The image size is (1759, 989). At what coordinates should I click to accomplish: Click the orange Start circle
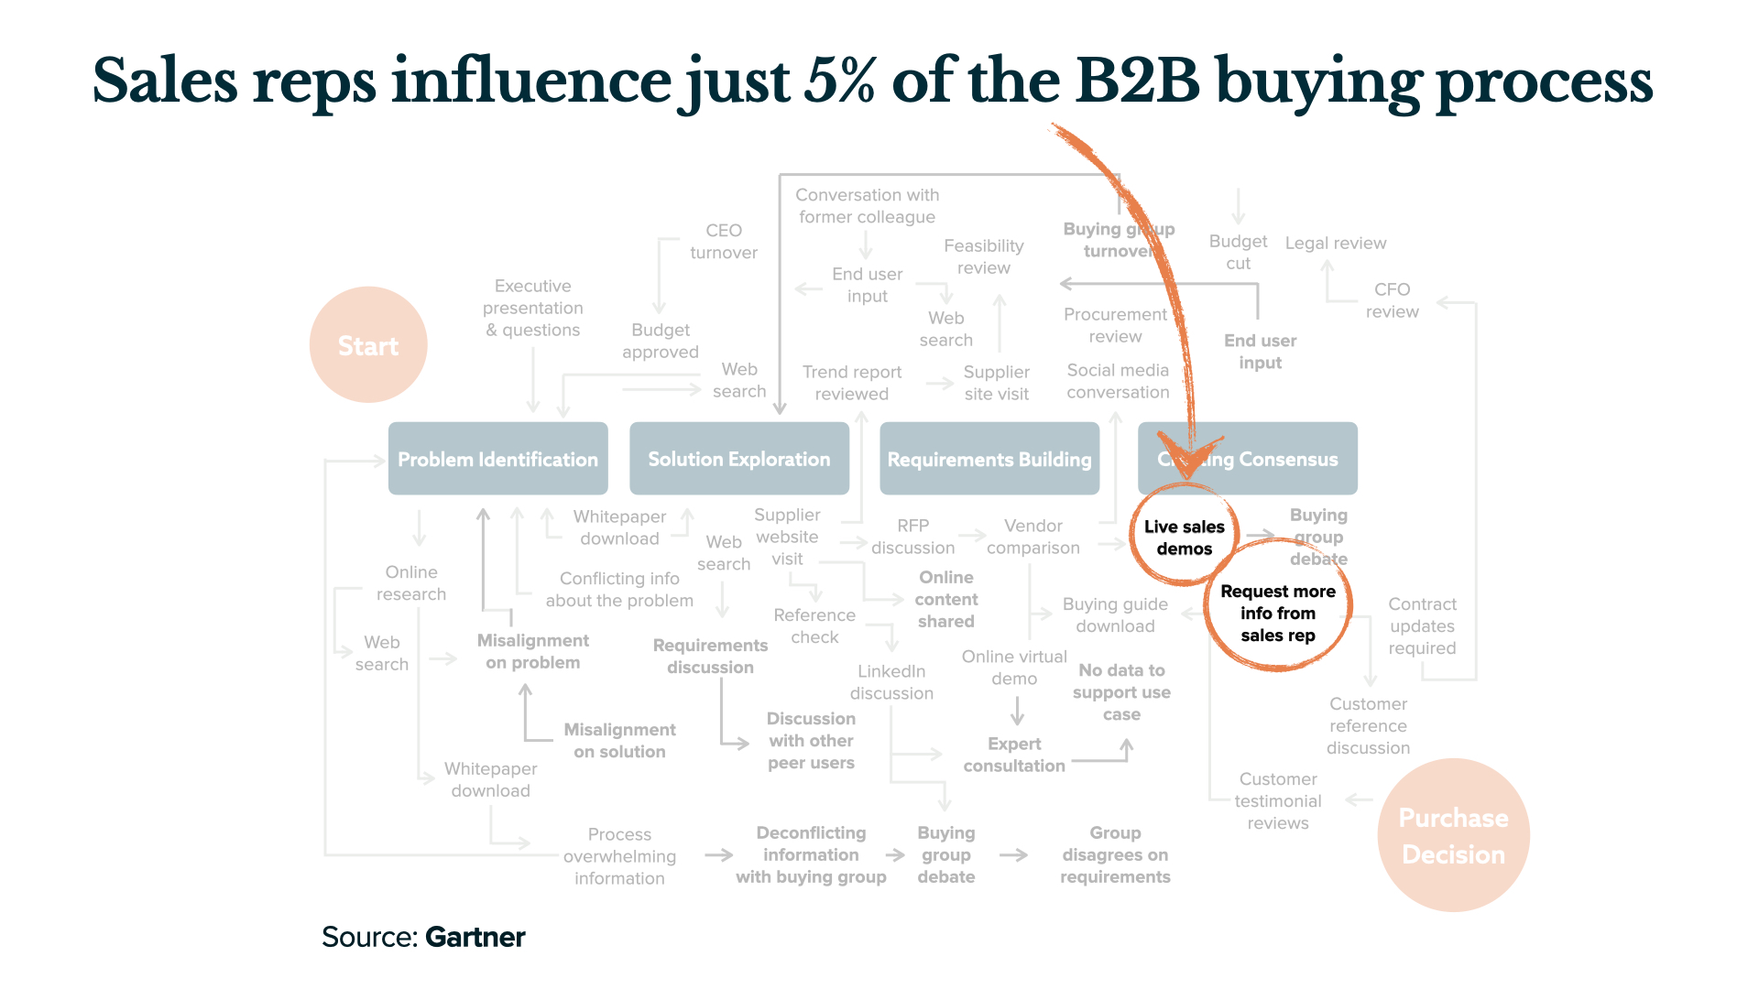368,345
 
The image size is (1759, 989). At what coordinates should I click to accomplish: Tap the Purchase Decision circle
1453,835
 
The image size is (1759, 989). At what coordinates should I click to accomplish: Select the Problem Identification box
497,459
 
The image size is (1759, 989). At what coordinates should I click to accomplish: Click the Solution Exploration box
738,459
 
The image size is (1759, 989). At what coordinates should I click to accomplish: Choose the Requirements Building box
989,459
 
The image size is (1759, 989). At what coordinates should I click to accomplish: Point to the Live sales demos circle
1184,538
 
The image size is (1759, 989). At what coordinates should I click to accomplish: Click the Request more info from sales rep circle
1278,613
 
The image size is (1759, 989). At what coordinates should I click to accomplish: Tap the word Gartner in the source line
475,937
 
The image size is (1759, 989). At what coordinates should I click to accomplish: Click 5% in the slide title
839,81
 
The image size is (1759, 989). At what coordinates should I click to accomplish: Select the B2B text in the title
1137,81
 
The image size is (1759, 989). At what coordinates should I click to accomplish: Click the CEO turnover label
723,242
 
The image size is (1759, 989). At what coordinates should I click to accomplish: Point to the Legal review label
1335,243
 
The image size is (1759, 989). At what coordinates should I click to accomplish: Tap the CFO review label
1392,300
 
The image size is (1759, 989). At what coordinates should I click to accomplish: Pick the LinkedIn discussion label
891,682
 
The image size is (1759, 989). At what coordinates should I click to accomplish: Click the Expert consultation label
1014,755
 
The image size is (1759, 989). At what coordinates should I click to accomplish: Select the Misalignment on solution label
619,740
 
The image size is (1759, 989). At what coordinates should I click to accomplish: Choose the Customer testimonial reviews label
1277,800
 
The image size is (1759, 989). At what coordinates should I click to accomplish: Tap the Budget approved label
660,341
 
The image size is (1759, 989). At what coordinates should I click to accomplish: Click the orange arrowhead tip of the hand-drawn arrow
1187,476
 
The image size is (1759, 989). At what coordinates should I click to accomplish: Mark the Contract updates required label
1422,625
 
